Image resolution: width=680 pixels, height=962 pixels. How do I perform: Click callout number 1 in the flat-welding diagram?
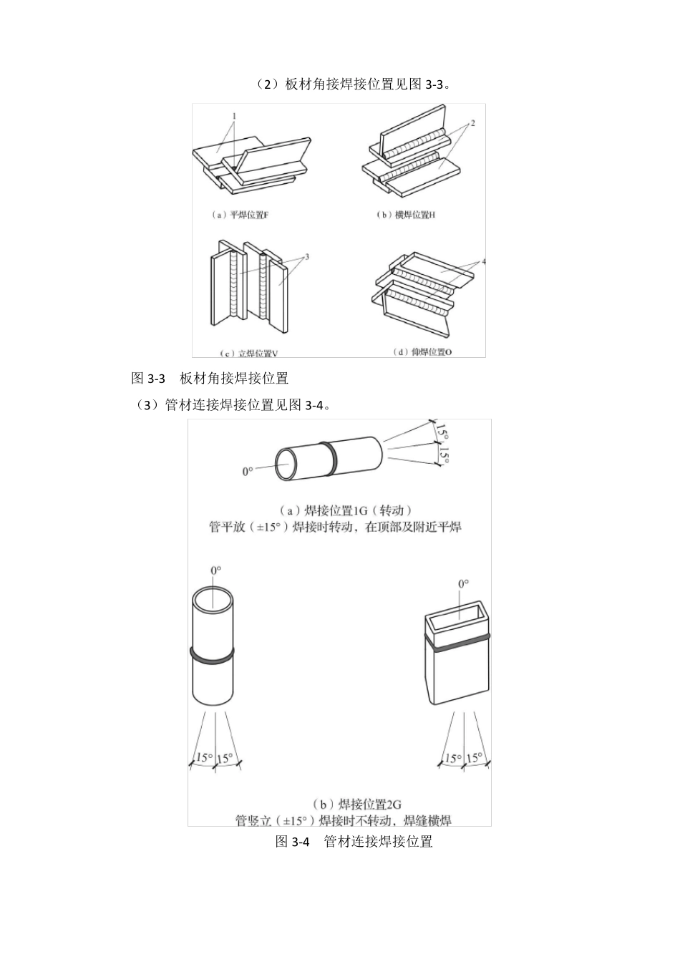point(233,115)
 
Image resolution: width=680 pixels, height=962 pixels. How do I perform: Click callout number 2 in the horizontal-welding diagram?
point(472,123)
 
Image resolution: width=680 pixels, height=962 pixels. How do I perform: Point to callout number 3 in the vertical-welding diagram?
point(306,256)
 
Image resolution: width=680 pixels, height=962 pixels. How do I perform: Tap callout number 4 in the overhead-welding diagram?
point(484,262)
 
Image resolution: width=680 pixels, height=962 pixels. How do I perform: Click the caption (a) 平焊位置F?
point(241,215)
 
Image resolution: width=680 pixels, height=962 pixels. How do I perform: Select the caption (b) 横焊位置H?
point(405,215)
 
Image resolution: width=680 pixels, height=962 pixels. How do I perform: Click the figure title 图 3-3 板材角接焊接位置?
point(210,378)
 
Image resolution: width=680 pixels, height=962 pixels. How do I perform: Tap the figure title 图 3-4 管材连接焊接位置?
point(354,842)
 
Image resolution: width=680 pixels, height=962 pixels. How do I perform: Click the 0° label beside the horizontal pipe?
point(248,472)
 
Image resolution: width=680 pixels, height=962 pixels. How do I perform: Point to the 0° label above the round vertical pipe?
point(215,570)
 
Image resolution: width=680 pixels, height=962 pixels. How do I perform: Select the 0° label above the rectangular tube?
point(463,583)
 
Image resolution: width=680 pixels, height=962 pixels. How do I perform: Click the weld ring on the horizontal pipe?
point(329,458)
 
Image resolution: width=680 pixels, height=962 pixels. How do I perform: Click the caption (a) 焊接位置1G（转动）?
point(345,510)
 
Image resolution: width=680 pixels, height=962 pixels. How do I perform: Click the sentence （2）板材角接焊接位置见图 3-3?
point(352,84)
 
